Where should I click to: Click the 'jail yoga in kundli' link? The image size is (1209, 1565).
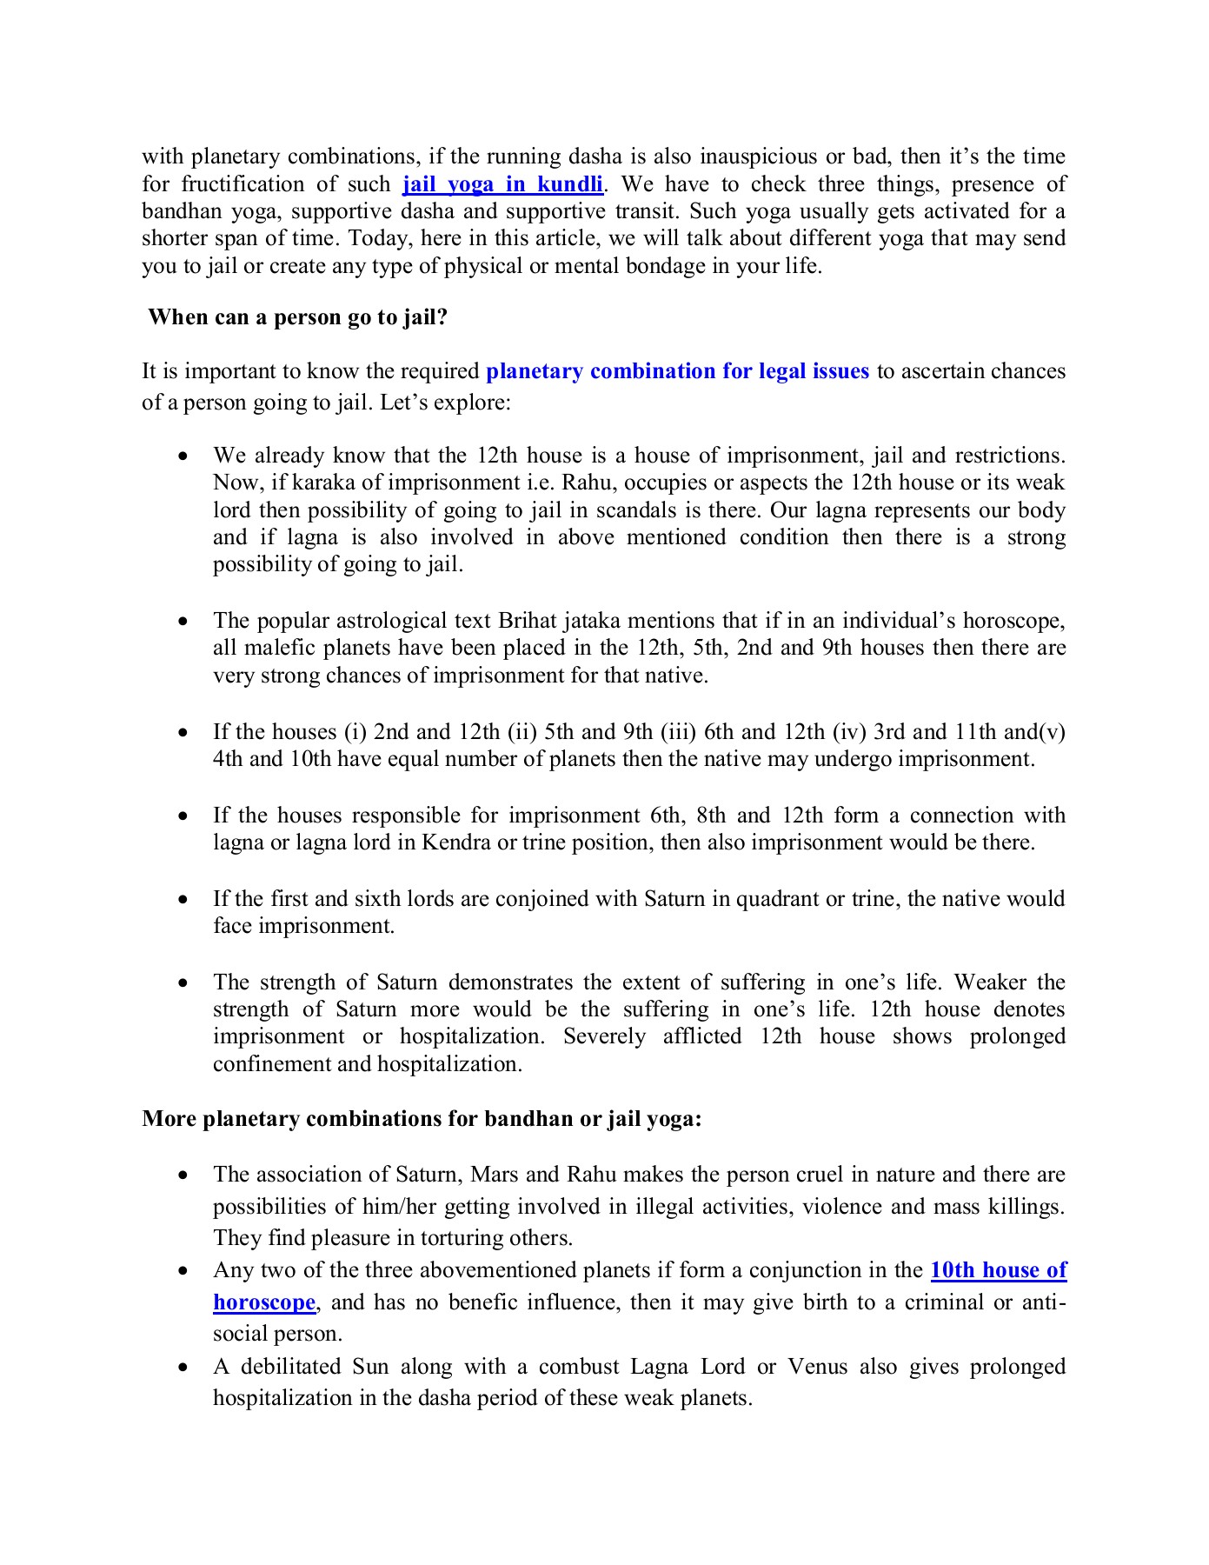click(502, 184)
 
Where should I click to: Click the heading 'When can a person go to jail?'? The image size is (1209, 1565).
click(297, 317)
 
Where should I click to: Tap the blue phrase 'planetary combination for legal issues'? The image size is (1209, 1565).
click(677, 371)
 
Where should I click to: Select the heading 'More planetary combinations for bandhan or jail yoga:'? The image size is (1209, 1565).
click(422, 1118)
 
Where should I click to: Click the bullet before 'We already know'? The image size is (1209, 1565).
click(183, 456)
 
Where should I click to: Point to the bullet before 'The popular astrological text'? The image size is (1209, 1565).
click(183, 622)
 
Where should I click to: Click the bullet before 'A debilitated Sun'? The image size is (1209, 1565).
click(183, 1368)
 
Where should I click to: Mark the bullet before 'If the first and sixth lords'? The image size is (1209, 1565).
click(183, 900)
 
